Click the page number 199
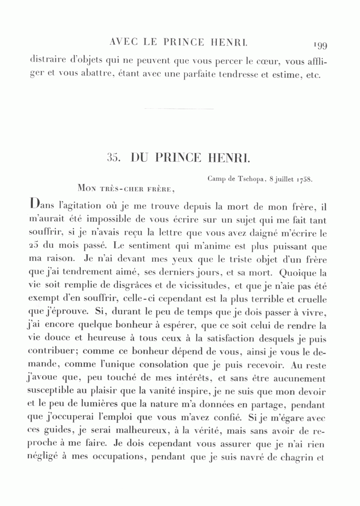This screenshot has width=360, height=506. click(321, 45)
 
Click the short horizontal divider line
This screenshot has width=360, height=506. click(179, 109)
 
